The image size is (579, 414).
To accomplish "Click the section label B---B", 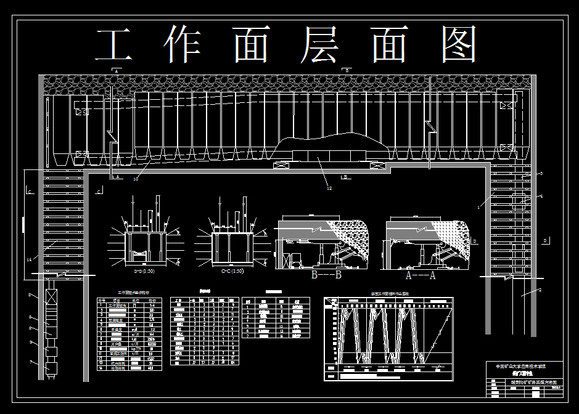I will pyautogui.click(x=327, y=275).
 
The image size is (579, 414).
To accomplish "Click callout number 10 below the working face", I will pyautogui.click(x=136, y=179).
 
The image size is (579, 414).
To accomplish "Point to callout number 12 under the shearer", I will pyautogui.click(x=329, y=188).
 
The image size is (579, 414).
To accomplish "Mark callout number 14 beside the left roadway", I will pyautogui.click(x=29, y=259).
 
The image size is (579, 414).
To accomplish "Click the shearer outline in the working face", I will pyautogui.click(x=330, y=147).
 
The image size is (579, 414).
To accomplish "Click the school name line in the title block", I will pyautogui.click(x=524, y=366).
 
